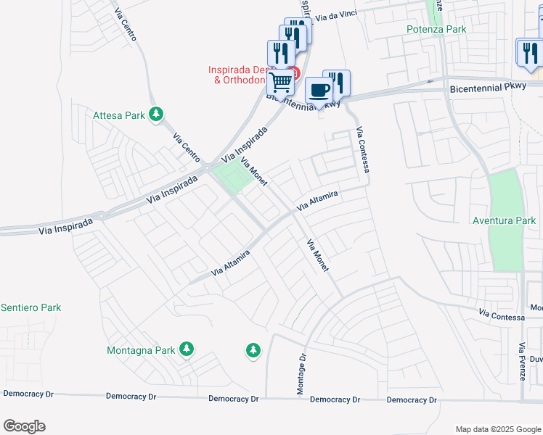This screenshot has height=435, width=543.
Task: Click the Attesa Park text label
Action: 119,115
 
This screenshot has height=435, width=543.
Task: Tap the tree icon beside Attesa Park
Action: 155,114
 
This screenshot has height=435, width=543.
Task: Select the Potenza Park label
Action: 436,29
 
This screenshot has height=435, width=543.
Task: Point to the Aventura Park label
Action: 503,220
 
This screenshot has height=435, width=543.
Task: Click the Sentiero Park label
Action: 30,307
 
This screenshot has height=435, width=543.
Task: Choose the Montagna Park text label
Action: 141,350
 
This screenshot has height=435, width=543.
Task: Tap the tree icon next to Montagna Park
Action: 187,349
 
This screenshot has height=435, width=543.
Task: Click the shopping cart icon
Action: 280,81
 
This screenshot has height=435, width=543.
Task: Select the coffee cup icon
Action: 319,90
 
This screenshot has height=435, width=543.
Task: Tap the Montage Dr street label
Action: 301,375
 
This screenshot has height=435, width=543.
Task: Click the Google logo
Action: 24,426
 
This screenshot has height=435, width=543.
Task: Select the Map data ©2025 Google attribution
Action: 498,429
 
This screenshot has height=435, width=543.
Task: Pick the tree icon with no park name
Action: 253,351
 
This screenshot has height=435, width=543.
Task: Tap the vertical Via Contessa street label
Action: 363,150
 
